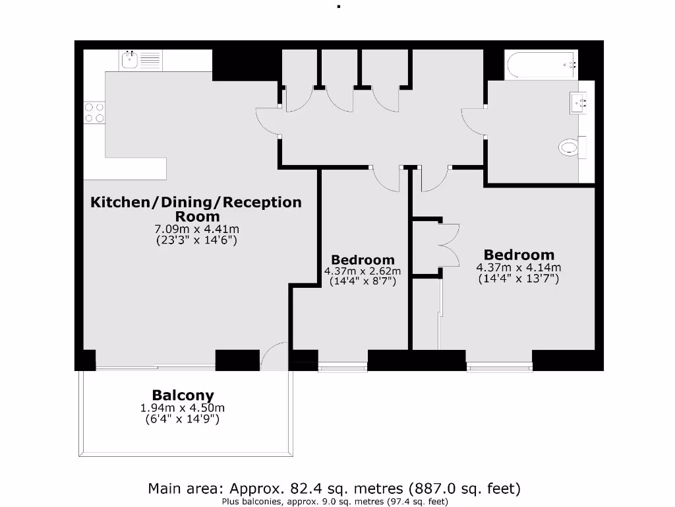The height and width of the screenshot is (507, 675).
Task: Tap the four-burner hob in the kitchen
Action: click(x=94, y=112)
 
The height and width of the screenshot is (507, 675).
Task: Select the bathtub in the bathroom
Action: click(x=541, y=65)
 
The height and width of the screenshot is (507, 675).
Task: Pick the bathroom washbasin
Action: click(x=579, y=103)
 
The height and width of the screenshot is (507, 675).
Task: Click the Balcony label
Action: click(x=183, y=395)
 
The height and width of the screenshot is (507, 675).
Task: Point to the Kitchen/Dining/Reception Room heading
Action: click(x=196, y=209)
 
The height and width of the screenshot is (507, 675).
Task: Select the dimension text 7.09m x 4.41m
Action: click(x=196, y=229)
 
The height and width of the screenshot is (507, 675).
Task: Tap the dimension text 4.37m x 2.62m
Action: click(x=362, y=271)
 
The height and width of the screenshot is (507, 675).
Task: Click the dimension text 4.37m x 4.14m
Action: click(x=518, y=267)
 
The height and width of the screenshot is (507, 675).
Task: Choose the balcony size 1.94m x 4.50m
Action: click(x=183, y=408)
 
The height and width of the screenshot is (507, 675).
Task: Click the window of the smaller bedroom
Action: click(x=342, y=366)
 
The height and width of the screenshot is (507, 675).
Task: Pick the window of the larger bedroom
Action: click(x=499, y=366)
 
